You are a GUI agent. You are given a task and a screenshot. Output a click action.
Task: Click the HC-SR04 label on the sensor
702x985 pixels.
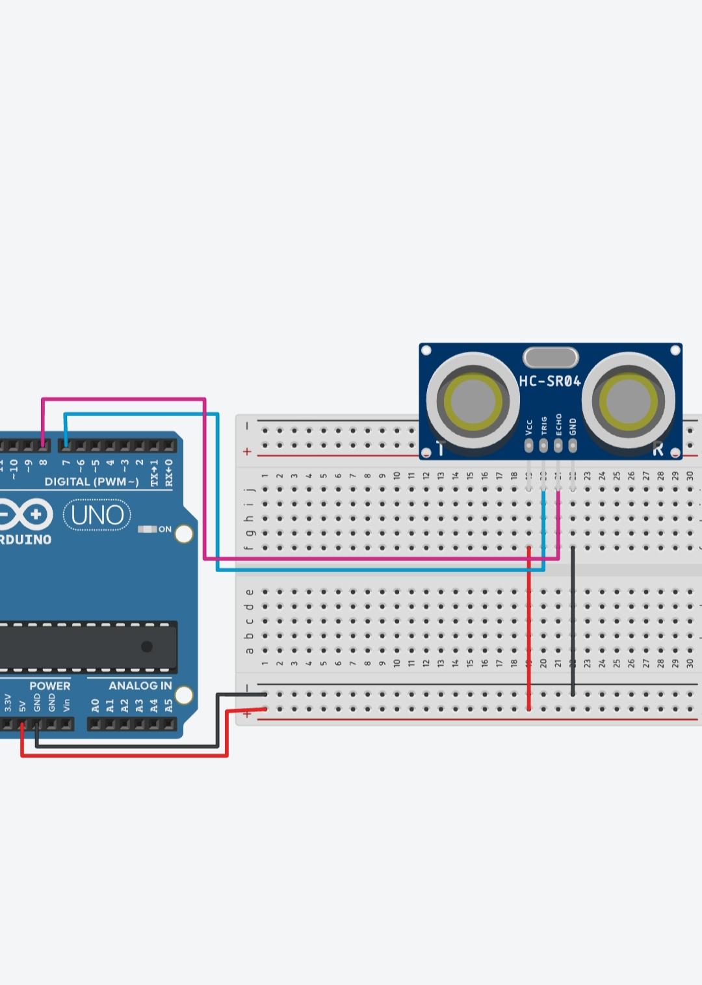coord(549,381)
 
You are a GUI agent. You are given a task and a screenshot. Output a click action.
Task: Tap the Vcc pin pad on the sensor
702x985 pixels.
coord(529,445)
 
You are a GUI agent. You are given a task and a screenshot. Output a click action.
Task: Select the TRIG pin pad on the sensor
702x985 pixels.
coord(543,445)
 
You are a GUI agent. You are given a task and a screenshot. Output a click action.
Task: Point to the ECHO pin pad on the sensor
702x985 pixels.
coord(558,445)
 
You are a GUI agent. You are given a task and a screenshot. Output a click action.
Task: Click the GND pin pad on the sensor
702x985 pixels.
coord(573,445)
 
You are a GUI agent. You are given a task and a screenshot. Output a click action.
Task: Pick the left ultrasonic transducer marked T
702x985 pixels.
coord(472,398)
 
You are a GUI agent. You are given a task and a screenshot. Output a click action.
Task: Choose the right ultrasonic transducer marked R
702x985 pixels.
coord(628,398)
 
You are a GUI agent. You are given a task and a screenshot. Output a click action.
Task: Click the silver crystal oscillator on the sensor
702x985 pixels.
coord(551,358)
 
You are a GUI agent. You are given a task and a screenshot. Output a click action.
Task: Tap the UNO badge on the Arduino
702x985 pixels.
coord(97,515)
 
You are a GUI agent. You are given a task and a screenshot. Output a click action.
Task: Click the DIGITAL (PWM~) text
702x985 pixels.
coord(92,482)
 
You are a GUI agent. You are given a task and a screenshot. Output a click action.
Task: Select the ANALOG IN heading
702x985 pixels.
coord(140,685)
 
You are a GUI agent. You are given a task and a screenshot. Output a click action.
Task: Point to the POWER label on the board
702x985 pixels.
coord(49,685)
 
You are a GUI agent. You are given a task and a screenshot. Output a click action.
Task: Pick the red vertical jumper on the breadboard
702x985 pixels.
coord(529,627)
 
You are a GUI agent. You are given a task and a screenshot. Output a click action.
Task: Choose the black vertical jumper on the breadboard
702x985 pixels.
coord(573,621)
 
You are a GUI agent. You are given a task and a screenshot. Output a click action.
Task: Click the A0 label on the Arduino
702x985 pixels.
coord(95,705)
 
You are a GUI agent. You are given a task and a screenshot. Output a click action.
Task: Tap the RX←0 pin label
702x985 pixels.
coord(169,473)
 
